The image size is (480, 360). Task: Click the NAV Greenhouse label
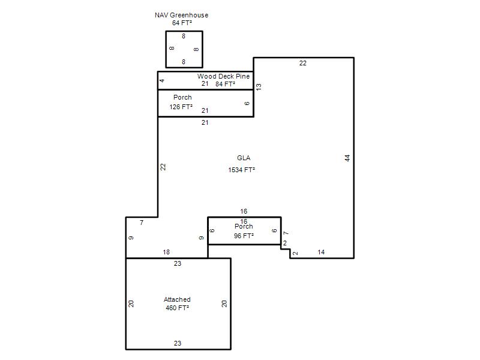tap(182, 15)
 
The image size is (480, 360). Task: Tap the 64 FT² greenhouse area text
tap(182, 23)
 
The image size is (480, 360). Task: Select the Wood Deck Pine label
tap(223, 76)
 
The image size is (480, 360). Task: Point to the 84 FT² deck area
tap(226, 84)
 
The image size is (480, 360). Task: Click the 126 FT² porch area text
tap(181, 107)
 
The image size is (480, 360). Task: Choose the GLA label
tap(244, 158)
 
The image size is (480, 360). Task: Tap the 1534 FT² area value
tap(242, 170)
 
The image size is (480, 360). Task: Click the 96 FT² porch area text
tap(244, 236)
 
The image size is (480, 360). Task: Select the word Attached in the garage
tap(177, 299)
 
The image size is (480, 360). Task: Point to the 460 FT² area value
tap(177, 308)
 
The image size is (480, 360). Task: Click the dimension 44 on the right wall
tap(347, 158)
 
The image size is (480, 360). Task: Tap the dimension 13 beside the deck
tap(259, 87)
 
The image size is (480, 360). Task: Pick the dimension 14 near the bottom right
tap(321, 252)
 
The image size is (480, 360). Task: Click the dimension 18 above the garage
tap(166, 252)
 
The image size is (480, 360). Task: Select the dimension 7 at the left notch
tap(142, 223)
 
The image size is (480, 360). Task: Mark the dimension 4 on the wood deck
tap(162, 80)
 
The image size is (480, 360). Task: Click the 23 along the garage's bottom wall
tap(178, 343)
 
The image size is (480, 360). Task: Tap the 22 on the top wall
tap(303, 64)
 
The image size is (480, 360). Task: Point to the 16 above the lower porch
tap(244, 212)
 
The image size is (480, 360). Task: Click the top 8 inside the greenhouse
tap(184, 36)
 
